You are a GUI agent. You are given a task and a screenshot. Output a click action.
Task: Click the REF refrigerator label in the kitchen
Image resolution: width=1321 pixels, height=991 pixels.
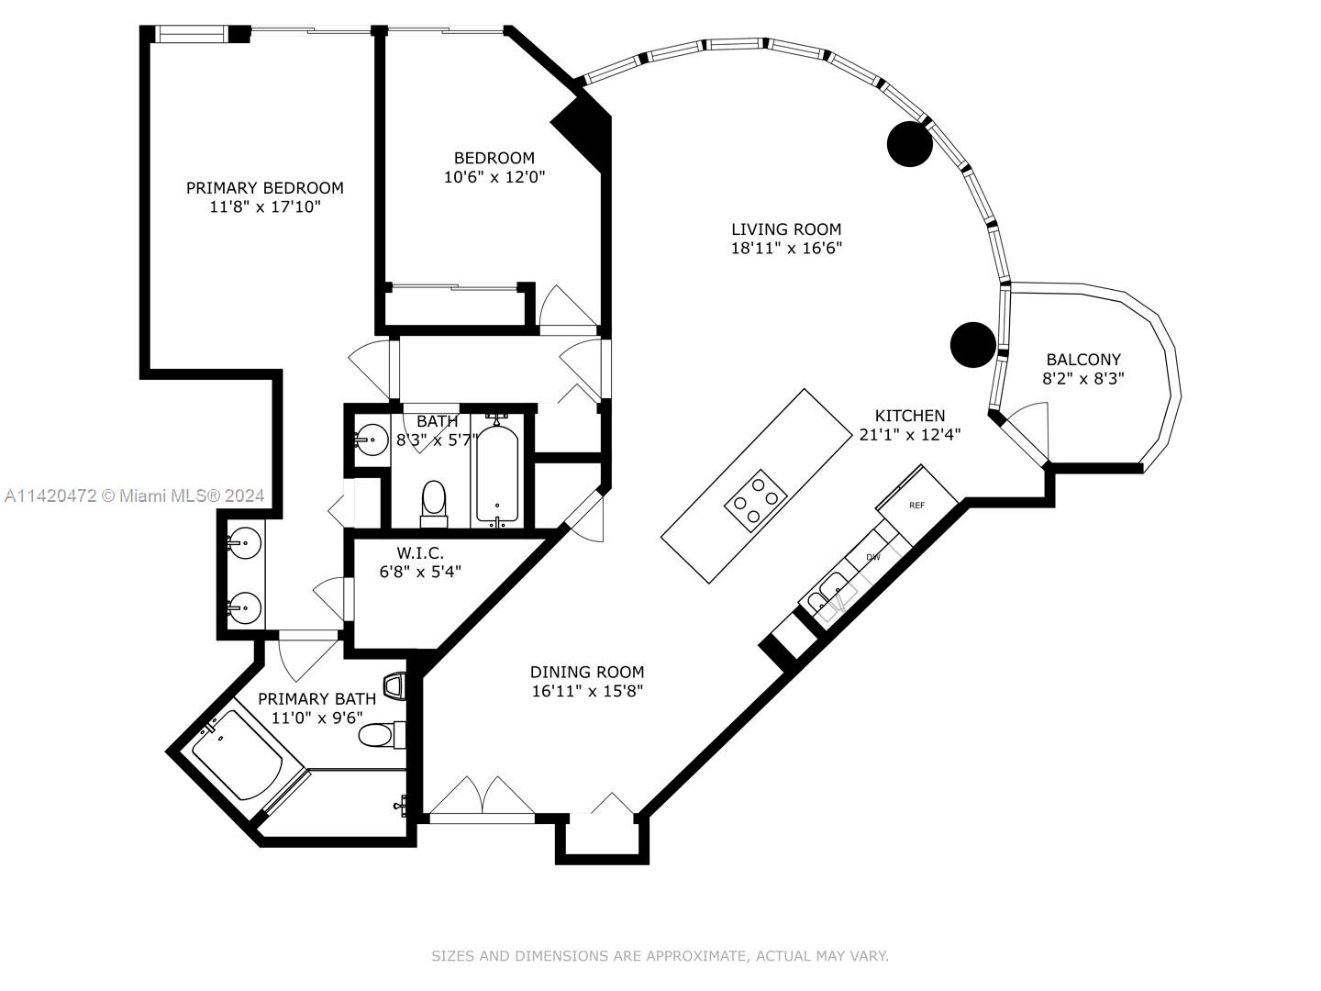[x=916, y=506]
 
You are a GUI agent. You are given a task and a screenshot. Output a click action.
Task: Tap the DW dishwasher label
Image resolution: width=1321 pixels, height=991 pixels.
[x=872, y=557]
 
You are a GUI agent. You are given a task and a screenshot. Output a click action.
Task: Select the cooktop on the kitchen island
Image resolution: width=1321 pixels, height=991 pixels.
[x=755, y=501]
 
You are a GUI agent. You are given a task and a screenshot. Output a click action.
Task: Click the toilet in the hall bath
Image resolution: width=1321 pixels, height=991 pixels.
[x=433, y=505]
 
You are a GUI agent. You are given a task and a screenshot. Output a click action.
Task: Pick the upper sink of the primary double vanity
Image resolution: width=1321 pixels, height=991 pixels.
[x=244, y=543]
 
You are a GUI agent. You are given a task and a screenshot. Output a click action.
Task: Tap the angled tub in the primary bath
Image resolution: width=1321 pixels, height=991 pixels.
[x=237, y=754]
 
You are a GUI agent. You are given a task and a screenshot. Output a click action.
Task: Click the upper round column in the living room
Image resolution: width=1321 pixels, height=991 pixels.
[x=909, y=144]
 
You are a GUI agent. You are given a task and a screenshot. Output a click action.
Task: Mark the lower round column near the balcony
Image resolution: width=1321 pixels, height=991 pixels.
[x=972, y=345]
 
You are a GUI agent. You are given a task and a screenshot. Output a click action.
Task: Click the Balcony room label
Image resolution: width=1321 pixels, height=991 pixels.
[x=1083, y=359]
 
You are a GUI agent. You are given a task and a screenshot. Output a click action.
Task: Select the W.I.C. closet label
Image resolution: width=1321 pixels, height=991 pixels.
[x=420, y=552]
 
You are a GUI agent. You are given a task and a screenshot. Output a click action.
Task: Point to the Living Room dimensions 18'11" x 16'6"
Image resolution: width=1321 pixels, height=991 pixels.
[x=786, y=248]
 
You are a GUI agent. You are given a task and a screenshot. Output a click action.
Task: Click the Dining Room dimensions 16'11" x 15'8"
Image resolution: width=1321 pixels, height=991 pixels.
[x=587, y=691]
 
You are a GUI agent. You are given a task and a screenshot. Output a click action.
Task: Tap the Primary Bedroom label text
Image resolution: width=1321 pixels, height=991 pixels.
[x=265, y=188]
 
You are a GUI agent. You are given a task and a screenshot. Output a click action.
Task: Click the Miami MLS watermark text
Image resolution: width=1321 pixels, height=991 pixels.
[x=134, y=495]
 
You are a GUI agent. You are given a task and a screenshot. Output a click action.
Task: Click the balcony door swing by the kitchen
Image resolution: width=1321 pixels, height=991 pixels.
[x=1027, y=430]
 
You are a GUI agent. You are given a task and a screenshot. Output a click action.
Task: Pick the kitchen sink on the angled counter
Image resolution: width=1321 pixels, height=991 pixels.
[x=834, y=597]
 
